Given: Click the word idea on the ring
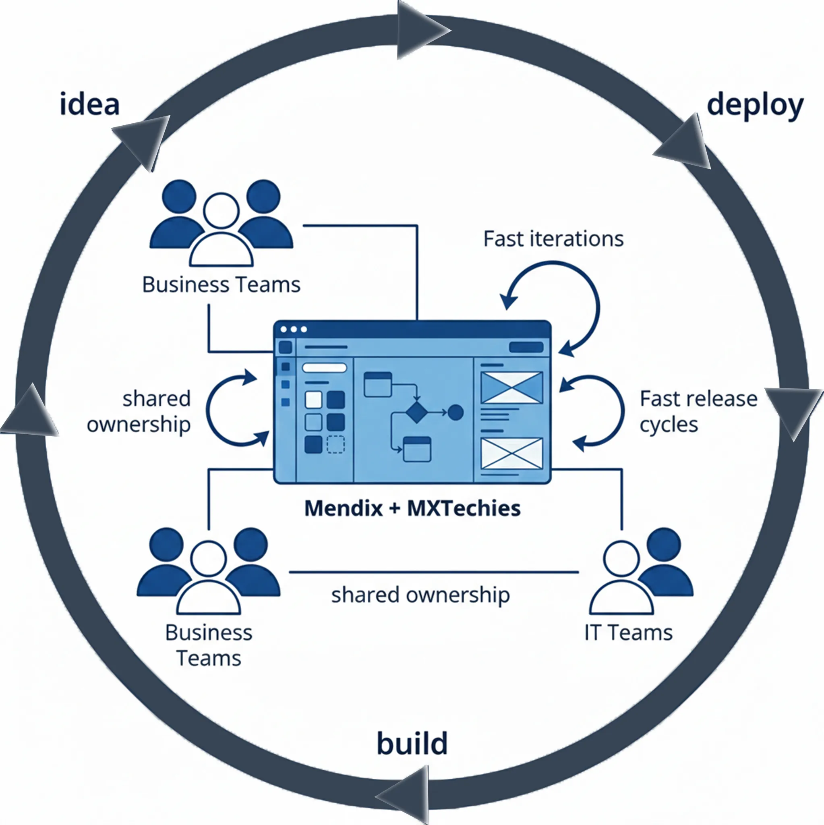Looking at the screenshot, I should click(90, 105).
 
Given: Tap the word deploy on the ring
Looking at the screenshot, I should click(755, 106).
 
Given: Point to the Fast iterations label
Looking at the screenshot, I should click(553, 239).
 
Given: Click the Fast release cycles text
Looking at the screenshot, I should click(698, 412).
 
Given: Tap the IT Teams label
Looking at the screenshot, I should click(628, 633).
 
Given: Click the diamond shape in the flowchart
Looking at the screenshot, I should click(416, 412).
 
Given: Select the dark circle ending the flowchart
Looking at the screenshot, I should click(455, 412).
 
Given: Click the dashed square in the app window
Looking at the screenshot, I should click(335, 445).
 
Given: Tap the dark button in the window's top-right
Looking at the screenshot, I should click(526, 347).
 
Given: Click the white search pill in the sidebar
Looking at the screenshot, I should click(324, 368).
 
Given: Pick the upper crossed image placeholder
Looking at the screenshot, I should click(511, 387).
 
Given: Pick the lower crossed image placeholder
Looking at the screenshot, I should click(511, 453).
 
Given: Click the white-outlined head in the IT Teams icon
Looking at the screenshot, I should click(621, 559).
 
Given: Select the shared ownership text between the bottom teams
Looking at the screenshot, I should click(420, 595).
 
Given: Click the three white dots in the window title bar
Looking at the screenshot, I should click(294, 329).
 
